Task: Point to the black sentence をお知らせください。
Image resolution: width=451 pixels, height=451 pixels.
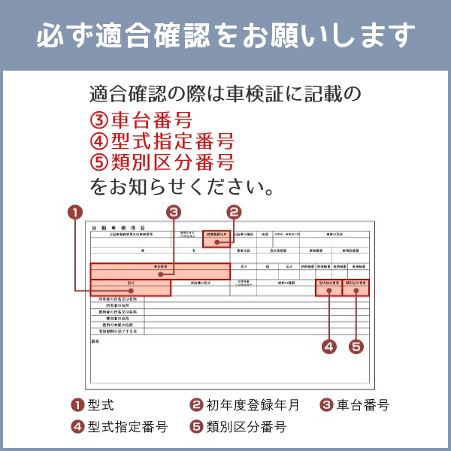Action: [181, 185]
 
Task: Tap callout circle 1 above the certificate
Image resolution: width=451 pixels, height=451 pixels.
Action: [74, 212]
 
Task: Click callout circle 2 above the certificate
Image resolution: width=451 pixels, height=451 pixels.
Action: [234, 212]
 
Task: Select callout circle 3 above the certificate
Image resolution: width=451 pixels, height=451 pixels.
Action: [174, 212]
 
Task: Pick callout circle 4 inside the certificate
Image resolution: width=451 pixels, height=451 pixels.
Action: [328, 347]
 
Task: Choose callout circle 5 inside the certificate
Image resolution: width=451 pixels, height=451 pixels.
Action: [356, 347]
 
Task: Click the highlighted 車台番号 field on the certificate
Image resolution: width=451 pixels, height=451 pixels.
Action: [159, 271]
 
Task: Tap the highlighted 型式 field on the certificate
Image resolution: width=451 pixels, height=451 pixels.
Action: [130, 287]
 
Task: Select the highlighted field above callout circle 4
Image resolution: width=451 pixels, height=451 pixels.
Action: [328, 288]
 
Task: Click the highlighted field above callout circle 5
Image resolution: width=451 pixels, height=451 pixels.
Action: [356, 288]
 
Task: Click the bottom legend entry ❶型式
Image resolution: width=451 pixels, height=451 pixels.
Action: [93, 405]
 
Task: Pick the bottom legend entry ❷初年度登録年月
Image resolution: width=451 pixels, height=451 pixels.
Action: [245, 405]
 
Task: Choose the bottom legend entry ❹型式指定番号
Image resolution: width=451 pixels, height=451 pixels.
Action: [120, 427]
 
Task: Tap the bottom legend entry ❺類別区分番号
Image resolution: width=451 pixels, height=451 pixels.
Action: [238, 427]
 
